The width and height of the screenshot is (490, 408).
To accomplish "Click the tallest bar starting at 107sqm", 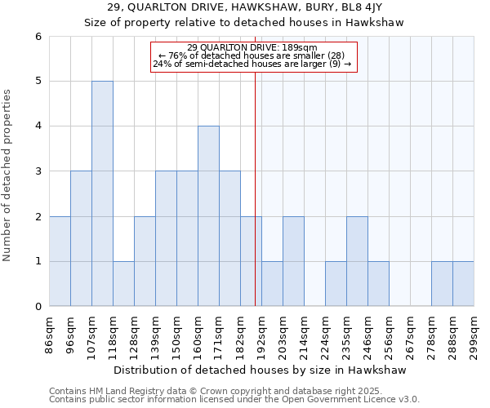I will click(x=102, y=193).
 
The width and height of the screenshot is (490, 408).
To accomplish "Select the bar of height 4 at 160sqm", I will click(x=208, y=216).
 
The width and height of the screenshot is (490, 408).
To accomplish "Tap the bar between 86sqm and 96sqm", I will click(x=60, y=261).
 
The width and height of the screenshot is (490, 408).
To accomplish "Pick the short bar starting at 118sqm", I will click(x=123, y=283).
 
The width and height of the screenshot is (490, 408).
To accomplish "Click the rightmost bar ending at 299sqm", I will click(x=463, y=283).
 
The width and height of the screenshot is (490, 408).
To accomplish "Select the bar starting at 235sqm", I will click(x=357, y=261).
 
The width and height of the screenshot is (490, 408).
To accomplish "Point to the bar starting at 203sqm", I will click(x=293, y=261).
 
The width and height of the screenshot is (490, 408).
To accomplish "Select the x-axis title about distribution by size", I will click(x=261, y=370).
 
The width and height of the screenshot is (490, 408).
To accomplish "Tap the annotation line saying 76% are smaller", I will click(x=252, y=55).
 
